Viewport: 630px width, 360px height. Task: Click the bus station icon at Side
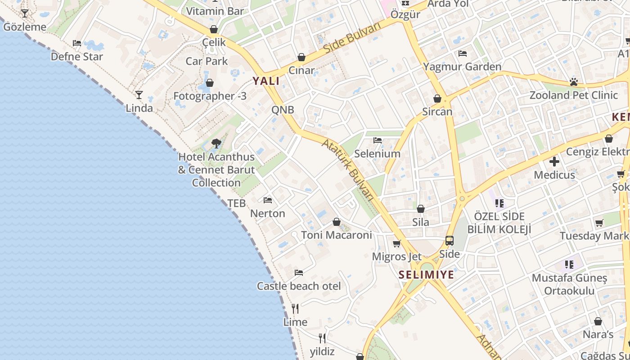tap(449, 241)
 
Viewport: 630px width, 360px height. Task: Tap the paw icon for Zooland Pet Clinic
tap(573, 82)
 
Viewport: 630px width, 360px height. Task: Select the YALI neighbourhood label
tap(265, 81)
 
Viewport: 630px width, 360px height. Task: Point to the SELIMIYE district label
tap(426, 274)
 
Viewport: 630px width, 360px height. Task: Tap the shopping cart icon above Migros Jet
tap(396, 243)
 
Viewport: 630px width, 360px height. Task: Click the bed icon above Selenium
tap(378, 140)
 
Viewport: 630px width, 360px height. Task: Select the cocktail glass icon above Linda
tap(139, 95)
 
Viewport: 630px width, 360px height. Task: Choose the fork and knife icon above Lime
tap(295, 309)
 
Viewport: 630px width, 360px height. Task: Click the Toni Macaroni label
tap(337, 235)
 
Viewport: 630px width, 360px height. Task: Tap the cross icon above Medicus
tap(554, 161)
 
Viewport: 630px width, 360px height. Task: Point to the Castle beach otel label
tap(299, 286)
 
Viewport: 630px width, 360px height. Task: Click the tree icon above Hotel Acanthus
tap(216, 144)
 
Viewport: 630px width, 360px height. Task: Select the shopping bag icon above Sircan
tap(437, 99)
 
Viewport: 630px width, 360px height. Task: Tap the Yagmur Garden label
tap(462, 67)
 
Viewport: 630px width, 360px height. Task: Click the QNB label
tap(283, 110)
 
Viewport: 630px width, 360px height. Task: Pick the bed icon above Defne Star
tap(77, 43)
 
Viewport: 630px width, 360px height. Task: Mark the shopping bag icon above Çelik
tap(214, 29)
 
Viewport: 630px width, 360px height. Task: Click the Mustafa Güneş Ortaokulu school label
tap(569, 284)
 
